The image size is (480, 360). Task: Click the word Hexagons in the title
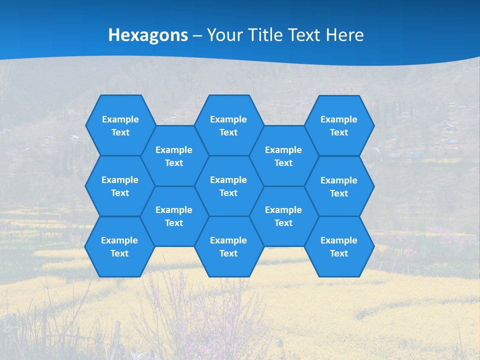[x=148, y=35]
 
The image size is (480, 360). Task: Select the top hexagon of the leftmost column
[x=120, y=125]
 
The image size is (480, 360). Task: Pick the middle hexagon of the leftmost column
[x=120, y=186]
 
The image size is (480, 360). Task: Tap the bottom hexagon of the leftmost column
[x=119, y=246]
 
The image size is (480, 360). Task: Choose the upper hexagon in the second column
[x=174, y=156]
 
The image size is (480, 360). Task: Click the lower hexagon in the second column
[x=174, y=216]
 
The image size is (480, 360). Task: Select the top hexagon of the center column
[x=228, y=125]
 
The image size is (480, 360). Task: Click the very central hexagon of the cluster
[x=228, y=186]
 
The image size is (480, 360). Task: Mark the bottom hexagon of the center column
[x=228, y=246]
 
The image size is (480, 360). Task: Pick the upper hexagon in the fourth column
[x=283, y=156]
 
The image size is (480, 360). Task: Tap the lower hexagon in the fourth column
[x=283, y=216]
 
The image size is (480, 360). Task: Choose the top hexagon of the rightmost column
[x=339, y=125]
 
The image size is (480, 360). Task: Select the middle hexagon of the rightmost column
[x=339, y=186]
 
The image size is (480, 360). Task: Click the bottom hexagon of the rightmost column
[x=339, y=246]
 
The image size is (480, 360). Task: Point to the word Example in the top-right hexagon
[x=339, y=119]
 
